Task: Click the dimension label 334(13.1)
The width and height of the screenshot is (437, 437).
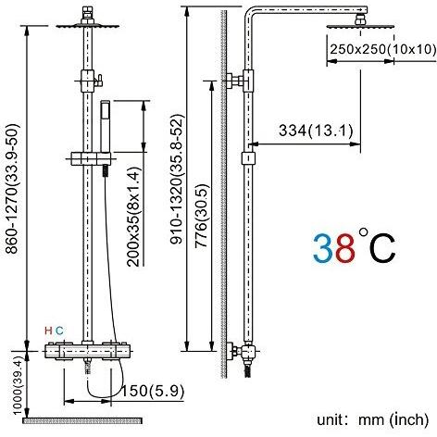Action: click(316, 131)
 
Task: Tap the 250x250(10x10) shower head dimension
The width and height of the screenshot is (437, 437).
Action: click(383, 49)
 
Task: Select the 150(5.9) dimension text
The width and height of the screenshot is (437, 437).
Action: click(152, 391)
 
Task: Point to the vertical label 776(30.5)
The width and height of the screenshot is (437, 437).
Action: click(202, 216)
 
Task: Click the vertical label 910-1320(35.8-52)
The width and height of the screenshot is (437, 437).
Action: click(178, 180)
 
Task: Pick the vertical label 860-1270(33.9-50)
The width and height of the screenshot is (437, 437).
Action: click(13, 189)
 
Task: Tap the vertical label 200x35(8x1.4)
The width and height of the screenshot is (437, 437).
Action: click(133, 217)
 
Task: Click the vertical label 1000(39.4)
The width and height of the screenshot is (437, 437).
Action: click(18, 388)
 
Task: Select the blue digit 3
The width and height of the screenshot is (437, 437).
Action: click(323, 248)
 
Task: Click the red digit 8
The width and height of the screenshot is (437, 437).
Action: click(344, 248)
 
